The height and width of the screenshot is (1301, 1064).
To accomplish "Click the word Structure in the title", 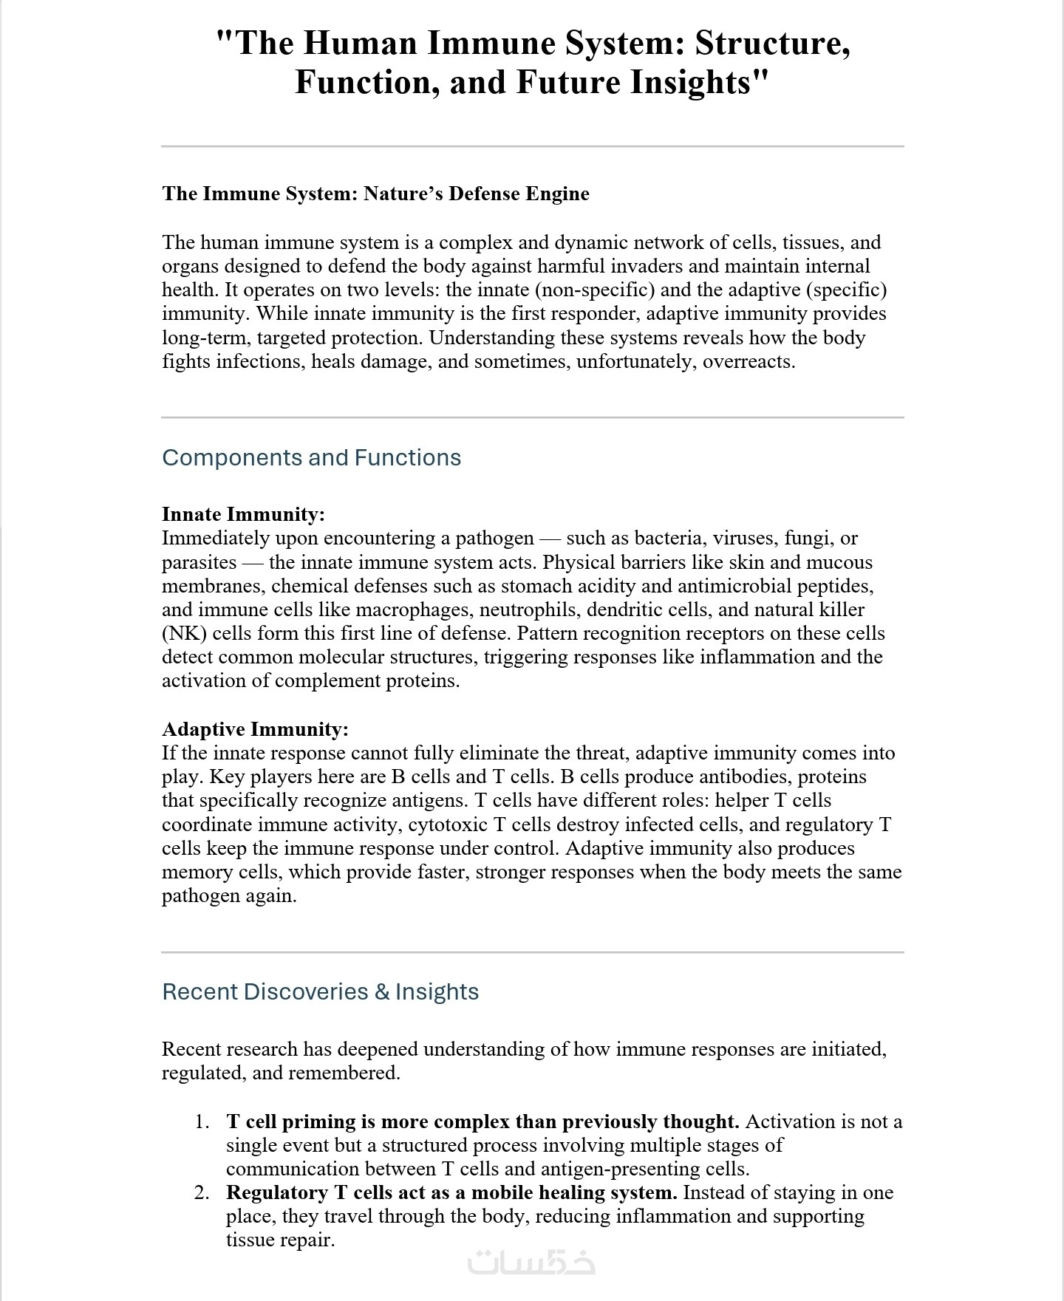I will pos(771,43).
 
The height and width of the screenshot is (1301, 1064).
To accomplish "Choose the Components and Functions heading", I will pos(311,457).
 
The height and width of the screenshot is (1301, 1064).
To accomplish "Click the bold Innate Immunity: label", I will pos(243,514).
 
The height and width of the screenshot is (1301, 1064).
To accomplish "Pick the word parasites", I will pos(199,562).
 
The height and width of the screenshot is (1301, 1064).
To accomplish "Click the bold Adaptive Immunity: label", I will pos(255,729).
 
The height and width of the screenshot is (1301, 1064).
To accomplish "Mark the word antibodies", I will pos(746,776).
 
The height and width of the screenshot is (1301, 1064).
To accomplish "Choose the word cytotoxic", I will pos(448,824).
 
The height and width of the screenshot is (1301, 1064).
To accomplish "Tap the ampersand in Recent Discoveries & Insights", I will pos(382,991).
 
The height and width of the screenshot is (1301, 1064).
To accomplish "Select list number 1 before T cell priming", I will pos(202,1121).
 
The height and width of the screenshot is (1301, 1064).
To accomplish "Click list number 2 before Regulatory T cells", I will pos(202,1192).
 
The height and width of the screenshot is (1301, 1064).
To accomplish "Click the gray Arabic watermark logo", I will pos(531,1262).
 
